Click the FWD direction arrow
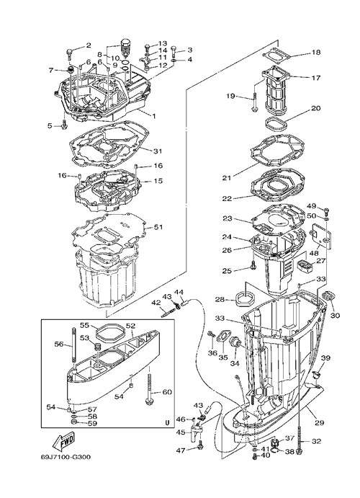64,441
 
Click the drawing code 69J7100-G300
66,457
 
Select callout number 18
316,52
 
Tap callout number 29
320,423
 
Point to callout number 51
158,227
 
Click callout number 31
158,151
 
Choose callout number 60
167,392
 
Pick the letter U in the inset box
167,422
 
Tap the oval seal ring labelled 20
276,123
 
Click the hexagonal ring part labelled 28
245,299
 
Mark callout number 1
154,116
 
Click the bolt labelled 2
69,53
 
